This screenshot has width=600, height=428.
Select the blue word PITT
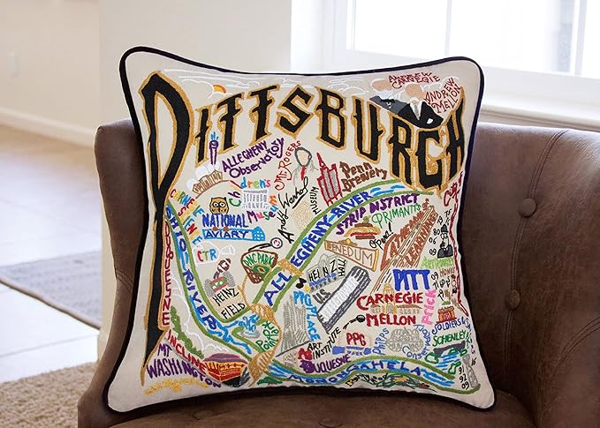[412, 279]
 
